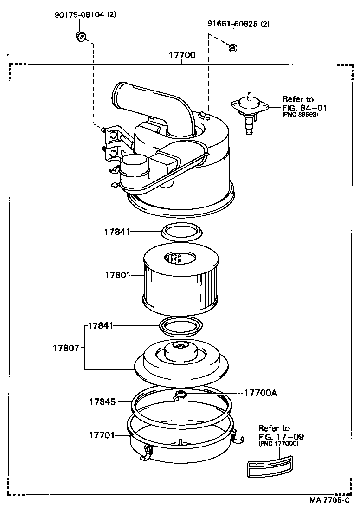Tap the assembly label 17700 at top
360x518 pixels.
(x=181, y=55)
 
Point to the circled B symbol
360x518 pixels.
(x=233, y=47)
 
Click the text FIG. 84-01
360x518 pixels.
(x=304, y=108)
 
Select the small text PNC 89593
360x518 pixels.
(x=300, y=115)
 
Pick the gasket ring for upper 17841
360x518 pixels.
(x=181, y=231)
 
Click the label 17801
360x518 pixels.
(x=117, y=275)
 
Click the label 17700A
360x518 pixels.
(x=261, y=393)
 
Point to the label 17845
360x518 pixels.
(x=103, y=401)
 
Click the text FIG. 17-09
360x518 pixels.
(x=281, y=437)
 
